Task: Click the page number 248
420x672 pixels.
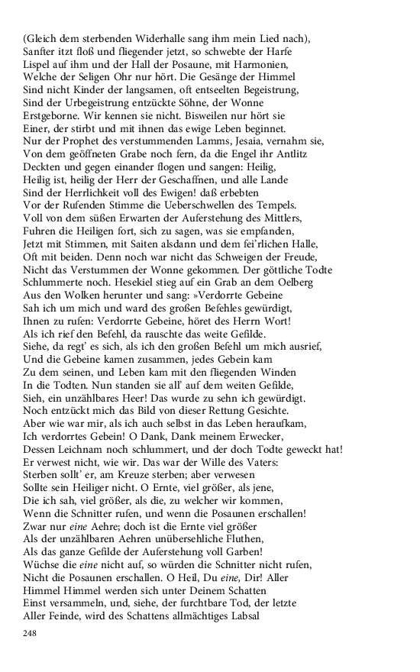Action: (x=31, y=634)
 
